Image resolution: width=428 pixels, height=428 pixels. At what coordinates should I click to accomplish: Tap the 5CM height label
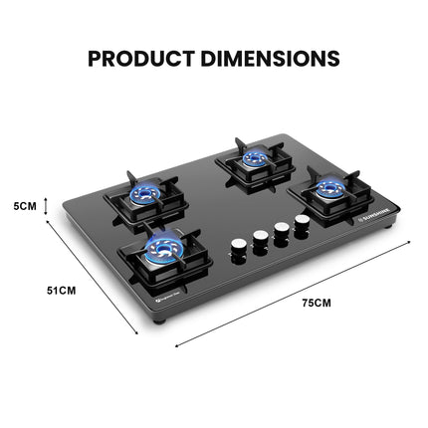[24, 206]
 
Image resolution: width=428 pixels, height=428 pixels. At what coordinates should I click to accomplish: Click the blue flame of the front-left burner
[157, 246]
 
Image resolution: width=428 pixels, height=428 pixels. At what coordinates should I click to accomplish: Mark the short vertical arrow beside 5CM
[48, 206]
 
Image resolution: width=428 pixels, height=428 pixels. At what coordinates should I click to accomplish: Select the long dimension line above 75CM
[288, 293]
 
